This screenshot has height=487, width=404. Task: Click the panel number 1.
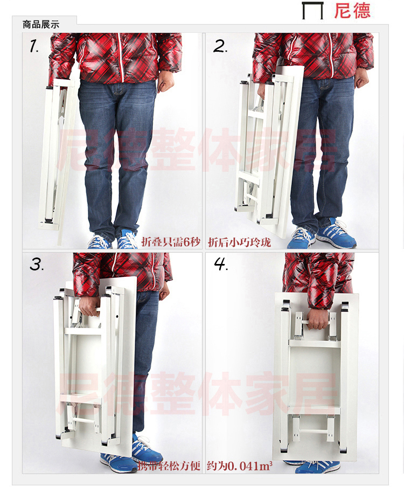tap(34, 46)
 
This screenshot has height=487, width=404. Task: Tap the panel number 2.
tap(220, 46)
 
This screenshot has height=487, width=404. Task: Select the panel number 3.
tap(37, 265)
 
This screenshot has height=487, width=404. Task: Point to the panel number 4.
tap(220, 265)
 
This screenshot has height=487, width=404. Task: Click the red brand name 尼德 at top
tap(352, 10)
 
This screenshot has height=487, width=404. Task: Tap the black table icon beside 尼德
tap(313, 11)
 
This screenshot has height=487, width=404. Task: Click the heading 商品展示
tap(41, 25)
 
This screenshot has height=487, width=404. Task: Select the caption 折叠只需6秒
tap(171, 242)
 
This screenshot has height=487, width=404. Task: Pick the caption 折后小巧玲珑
tap(239, 242)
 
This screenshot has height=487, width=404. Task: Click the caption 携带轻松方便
tap(169, 466)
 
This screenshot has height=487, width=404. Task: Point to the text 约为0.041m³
tap(239, 466)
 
